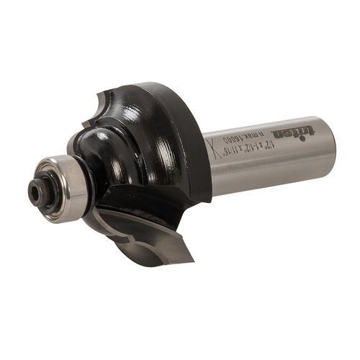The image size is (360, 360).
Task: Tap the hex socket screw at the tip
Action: point(35,188)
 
